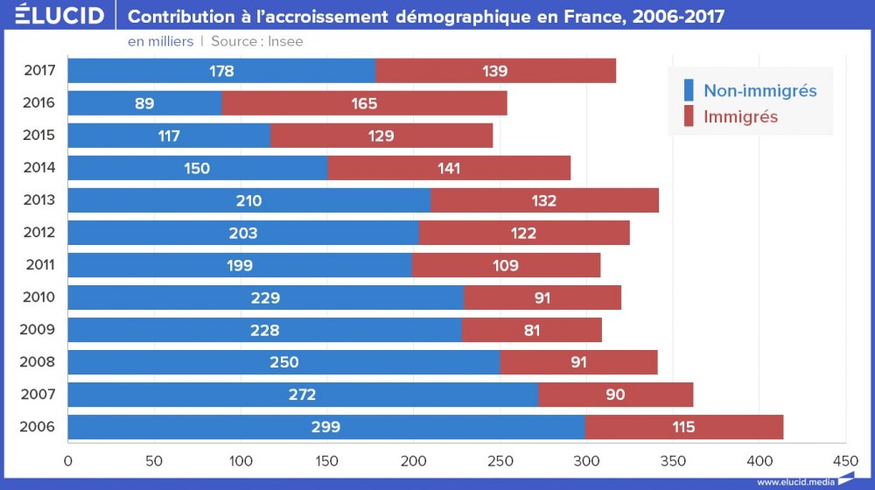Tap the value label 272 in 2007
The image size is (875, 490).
pos(302,395)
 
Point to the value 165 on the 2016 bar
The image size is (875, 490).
pos(364,103)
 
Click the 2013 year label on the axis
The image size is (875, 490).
pos(39,199)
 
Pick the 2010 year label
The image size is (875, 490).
pos(39,297)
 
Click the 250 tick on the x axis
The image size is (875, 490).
pos(500,459)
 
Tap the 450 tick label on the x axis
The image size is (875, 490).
pos(845,459)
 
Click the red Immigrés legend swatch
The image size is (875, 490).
pos(688,115)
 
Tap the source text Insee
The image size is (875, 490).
pos(285,41)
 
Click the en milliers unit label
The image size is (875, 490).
pos(160,41)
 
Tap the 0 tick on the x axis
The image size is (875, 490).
pos(67,459)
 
